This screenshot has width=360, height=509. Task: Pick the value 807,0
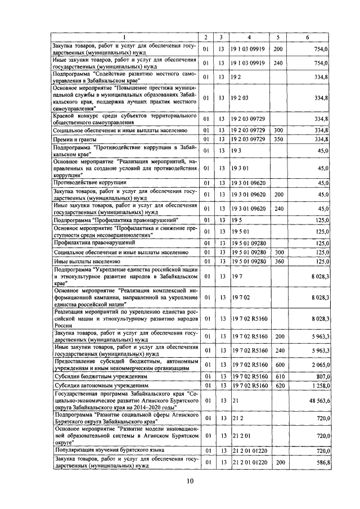click(321, 376)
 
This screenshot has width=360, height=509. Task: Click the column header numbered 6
click(307, 38)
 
